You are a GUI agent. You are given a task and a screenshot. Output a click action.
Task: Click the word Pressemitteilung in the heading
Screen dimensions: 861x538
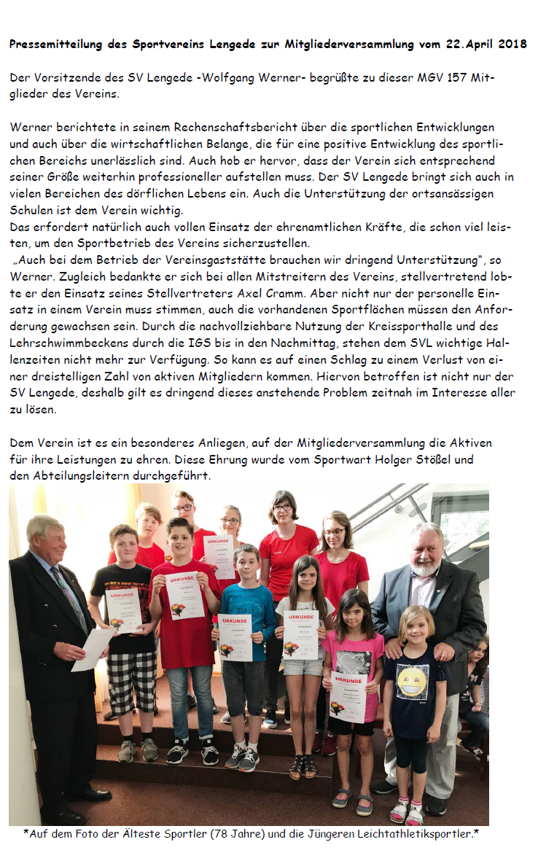[x=56, y=44]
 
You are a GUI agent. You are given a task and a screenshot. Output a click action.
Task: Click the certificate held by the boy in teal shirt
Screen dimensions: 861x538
[x=235, y=636]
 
